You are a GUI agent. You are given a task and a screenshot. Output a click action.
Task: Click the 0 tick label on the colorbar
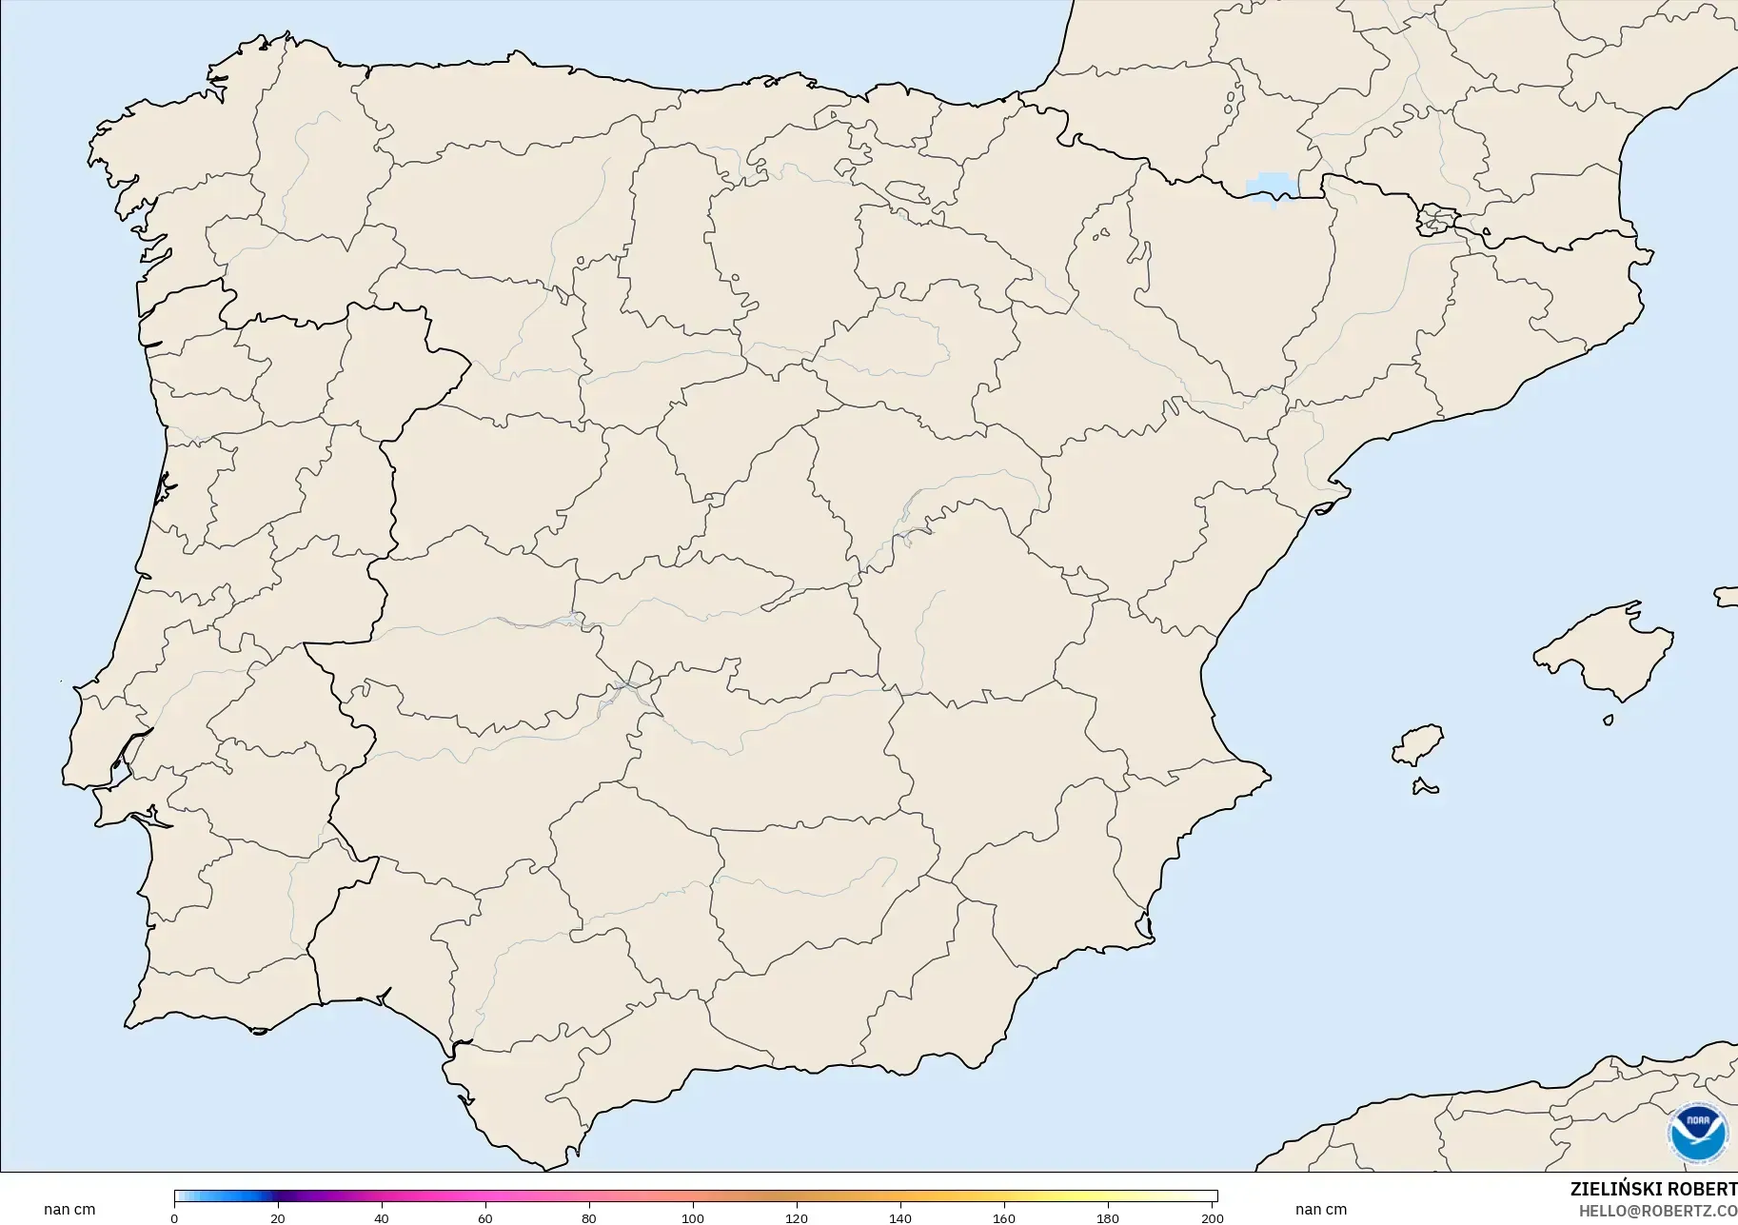174,1217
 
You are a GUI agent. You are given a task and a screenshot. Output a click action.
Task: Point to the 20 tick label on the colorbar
278,1217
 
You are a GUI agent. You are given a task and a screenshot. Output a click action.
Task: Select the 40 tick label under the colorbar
382,1217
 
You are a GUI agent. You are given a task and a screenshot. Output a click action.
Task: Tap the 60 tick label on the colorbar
485,1217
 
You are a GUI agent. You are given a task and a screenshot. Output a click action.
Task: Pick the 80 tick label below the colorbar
589,1217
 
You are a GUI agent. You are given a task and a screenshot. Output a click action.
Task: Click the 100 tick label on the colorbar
693,1217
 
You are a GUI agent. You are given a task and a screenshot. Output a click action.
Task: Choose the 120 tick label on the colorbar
797,1217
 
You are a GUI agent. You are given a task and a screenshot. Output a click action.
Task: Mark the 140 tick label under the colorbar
900,1217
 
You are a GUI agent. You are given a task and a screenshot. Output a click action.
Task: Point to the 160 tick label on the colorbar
1004,1217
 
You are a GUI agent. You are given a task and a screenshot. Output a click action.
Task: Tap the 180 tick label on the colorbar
1108,1217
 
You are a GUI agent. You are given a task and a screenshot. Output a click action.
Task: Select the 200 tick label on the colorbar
1212,1217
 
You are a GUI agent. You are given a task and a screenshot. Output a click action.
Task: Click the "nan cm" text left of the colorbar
69,1209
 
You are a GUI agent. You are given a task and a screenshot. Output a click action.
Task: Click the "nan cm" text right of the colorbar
1321,1209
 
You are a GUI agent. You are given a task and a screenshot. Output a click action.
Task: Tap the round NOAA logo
1697,1132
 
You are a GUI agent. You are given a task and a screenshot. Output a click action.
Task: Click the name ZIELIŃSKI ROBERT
1653,1189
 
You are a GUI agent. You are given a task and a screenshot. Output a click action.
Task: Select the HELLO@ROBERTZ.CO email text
1658,1211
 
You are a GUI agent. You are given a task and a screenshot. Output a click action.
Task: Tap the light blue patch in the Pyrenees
1271,187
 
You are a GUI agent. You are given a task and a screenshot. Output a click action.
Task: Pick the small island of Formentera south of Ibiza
1425,786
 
